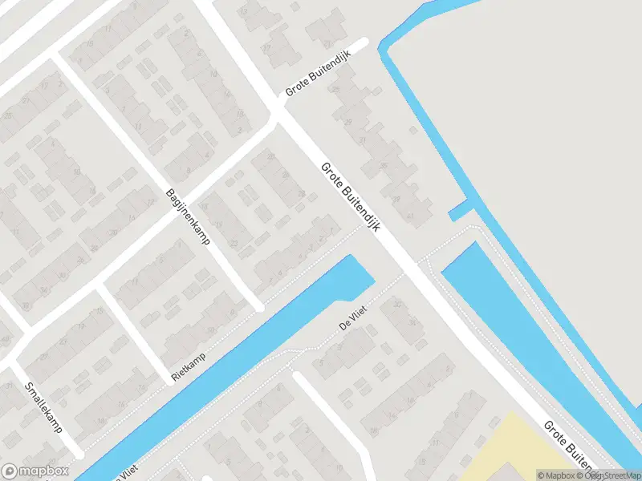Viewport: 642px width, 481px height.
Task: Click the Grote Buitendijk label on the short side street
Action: coord(319,82)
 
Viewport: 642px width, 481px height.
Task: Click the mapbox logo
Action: coord(35,471)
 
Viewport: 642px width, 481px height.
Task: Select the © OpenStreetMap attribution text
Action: coord(610,475)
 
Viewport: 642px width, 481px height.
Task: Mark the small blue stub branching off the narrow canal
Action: coord(460,212)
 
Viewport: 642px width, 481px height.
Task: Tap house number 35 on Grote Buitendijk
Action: coord(383,167)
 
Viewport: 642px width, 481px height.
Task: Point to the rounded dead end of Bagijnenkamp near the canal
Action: coord(258,307)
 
